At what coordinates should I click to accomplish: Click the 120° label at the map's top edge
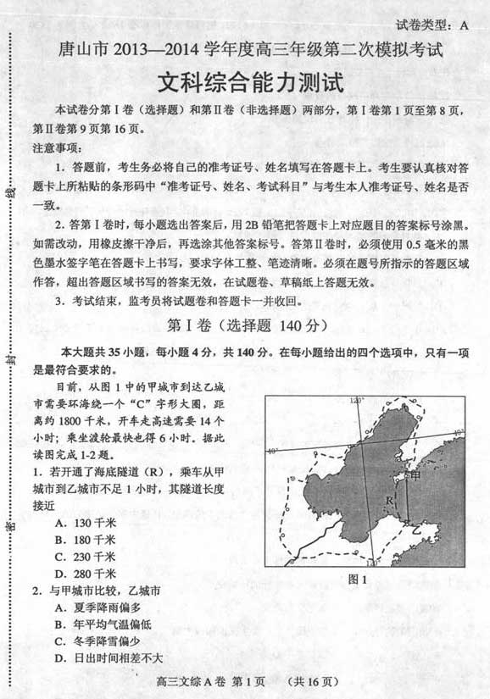click(x=357, y=399)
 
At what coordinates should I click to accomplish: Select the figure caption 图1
click(x=357, y=580)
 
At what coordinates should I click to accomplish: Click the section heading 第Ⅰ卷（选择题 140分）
click(x=244, y=325)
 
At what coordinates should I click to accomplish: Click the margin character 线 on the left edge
click(x=11, y=193)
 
